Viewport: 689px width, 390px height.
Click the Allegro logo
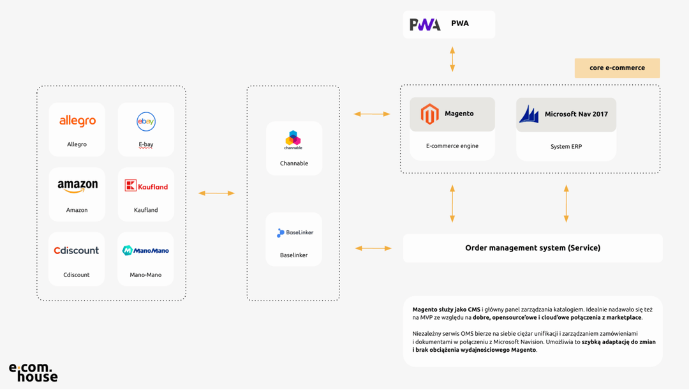pyautogui.click(x=77, y=121)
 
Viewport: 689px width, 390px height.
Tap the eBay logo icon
pyautogui.click(x=146, y=121)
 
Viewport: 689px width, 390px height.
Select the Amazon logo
pyautogui.click(x=77, y=186)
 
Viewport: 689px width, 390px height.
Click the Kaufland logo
pyautogui.click(x=146, y=186)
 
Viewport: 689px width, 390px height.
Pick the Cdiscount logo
pyautogui.click(x=77, y=250)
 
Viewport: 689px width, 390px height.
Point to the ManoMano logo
pyautogui.click(x=145, y=250)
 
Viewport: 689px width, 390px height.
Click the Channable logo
pyautogui.click(x=293, y=140)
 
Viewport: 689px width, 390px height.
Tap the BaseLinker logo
pyautogui.click(x=295, y=233)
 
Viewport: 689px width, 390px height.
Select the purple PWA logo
pyautogui.click(x=425, y=24)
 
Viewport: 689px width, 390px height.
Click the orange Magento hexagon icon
pyautogui.click(x=429, y=114)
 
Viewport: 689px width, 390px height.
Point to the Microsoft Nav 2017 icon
pyautogui.click(x=529, y=114)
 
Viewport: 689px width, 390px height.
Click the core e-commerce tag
pyautogui.click(x=617, y=68)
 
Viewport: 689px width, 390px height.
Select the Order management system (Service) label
pyautogui.click(x=533, y=248)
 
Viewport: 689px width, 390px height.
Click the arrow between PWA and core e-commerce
pyautogui.click(x=452, y=59)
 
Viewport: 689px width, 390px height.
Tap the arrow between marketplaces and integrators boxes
pyautogui.click(x=216, y=193)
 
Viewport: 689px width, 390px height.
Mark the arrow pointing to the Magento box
pyautogui.click(x=372, y=114)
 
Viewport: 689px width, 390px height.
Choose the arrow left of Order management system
pyautogui.click(x=373, y=248)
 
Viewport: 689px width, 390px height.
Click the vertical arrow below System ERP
pyautogui.click(x=566, y=204)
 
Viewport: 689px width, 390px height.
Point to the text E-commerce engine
pyautogui.click(x=452, y=146)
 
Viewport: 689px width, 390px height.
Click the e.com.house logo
pyautogui.click(x=33, y=372)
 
